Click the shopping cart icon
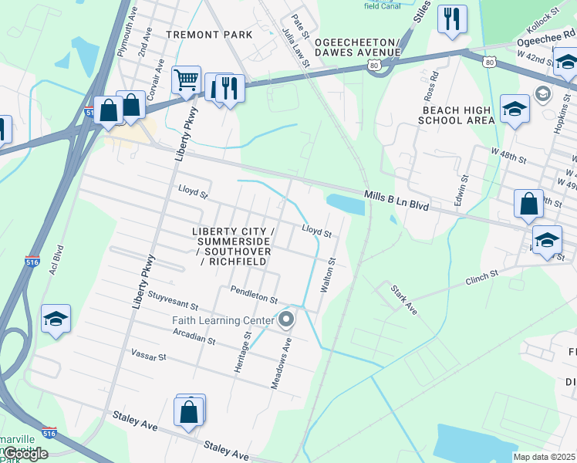(187, 79)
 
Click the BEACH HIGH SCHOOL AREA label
(457, 114)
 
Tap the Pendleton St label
(254, 294)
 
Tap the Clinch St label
(483, 278)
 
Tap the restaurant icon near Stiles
(451, 19)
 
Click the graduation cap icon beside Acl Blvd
(56, 319)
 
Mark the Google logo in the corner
(25, 454)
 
